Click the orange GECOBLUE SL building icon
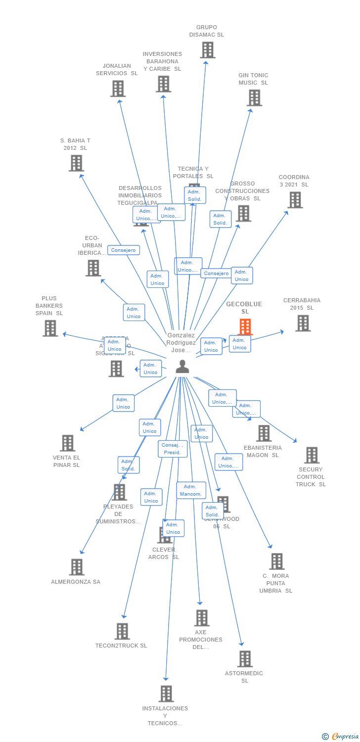(x=245, y=326)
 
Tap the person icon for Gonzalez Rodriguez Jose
(x=182, y=367)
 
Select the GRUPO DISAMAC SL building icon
(x=207, y=50)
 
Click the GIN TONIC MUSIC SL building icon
(x=254, y=98)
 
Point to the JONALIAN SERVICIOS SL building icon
(x=118, y=89)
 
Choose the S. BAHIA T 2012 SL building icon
(x=76, y=163)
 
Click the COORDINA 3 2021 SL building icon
(x=295, y=200)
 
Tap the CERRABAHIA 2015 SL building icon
(x=303, y=323)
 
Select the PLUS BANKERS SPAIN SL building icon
(x=50, y=328)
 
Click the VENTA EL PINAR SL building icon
(x=67, y=443)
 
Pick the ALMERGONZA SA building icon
(x=76, y=567)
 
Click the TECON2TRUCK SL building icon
(x=122, y=631)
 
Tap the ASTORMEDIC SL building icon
(x=245, y=659)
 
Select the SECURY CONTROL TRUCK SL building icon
(x=312, y=455)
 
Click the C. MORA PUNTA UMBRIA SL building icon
(x=276, y=561)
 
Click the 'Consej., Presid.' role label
(x=173, y=449)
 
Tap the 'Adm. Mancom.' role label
(x=191, y=490)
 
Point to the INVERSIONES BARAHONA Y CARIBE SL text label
(x=162, y=61)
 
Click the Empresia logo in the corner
(x=340, y=737)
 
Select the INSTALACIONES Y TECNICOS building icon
(x=166, y=694)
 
